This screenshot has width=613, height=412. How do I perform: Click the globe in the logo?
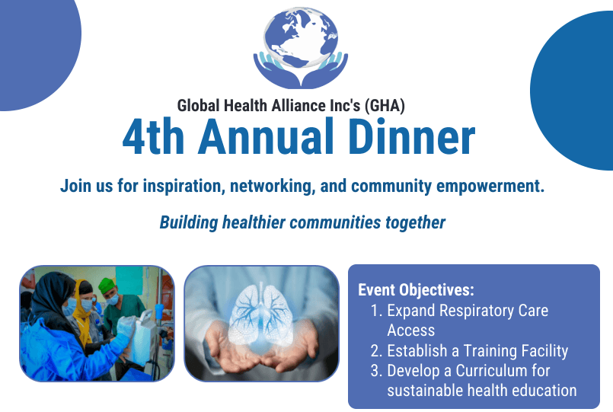(301, 37)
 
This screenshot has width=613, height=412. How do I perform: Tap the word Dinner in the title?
(411, 137)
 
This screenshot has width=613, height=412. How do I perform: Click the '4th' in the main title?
(153, 137)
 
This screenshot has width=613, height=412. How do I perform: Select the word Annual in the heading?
(266, 137)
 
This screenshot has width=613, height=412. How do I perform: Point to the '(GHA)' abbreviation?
(385, 106)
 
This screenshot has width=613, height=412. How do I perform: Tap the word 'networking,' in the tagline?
(273, 186)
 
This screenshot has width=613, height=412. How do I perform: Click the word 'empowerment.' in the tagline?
(490, 186)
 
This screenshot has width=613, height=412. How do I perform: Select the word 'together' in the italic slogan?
(416, 223)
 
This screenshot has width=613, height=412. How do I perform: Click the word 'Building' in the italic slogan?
(188, 223)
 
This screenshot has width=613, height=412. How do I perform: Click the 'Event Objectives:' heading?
(416, 290)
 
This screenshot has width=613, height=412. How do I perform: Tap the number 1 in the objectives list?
(375, 311)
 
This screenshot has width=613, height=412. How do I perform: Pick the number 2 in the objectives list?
(375, 351)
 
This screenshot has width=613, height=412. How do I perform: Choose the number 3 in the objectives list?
(375, 371)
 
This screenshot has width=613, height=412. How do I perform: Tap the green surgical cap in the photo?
(106, 286)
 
